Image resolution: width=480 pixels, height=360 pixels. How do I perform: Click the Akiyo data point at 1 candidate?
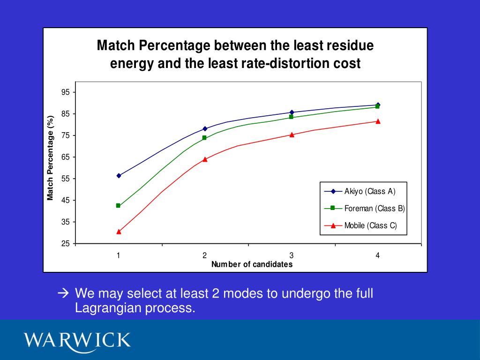click(119, 176)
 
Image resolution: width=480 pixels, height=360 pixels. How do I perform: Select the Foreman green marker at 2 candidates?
click(204, 138)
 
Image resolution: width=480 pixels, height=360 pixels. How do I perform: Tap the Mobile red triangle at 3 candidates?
click(292, 135)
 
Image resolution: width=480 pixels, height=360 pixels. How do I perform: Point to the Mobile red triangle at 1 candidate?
click(119, 232)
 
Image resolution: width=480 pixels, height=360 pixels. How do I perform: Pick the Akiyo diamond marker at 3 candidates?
click(292, 112)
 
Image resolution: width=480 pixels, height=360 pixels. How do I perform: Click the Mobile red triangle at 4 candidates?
click(378, 121)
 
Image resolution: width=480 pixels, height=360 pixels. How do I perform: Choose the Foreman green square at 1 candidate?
click(118, 206)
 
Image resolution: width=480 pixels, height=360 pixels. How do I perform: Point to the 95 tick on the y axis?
click(66, 92)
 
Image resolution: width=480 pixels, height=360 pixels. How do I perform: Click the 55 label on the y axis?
click(66, 179)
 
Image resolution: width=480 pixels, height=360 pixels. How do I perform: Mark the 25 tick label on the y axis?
click(66, 244)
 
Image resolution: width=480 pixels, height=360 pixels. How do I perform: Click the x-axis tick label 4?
click(378, 255)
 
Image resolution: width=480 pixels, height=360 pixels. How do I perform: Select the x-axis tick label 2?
click(205, 255)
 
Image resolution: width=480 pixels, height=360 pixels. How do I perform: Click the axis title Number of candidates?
click(252, 264)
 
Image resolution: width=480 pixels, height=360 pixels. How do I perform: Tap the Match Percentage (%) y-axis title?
click(50, 158)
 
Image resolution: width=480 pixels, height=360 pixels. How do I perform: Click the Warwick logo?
click(78, 339)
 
